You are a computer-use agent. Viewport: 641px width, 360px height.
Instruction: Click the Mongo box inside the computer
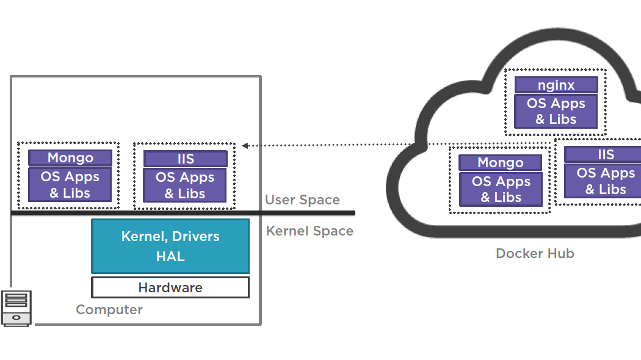70,158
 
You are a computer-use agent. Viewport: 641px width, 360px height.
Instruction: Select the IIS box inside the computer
186,159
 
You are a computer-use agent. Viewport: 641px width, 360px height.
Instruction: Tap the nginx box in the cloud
556,85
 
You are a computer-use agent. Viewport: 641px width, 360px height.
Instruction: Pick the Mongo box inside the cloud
501,163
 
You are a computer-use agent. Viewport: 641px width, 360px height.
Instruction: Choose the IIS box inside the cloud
604,154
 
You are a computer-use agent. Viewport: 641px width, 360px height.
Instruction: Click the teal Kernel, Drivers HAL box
170,246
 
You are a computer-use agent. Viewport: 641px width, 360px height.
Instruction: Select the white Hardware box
170,287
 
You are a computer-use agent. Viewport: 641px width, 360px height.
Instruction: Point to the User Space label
302,200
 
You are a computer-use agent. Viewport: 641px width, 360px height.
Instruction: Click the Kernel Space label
310,231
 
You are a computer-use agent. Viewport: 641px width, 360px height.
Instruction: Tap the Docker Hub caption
535,254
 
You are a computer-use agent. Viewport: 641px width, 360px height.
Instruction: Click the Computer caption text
109,309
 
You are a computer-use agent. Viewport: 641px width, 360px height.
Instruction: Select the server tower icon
16,308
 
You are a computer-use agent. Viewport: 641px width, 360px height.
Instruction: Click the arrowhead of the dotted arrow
245,145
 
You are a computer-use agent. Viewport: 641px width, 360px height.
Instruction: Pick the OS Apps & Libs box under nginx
556,112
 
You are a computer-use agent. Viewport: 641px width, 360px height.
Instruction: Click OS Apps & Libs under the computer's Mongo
70,185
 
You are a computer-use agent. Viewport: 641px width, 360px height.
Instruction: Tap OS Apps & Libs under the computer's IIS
185,185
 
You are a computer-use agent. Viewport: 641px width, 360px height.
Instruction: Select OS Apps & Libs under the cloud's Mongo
501,190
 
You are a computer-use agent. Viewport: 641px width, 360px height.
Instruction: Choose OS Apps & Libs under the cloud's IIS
604,181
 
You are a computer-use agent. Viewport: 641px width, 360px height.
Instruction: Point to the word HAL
170,257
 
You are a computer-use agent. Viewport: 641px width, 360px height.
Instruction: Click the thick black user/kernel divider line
183,213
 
